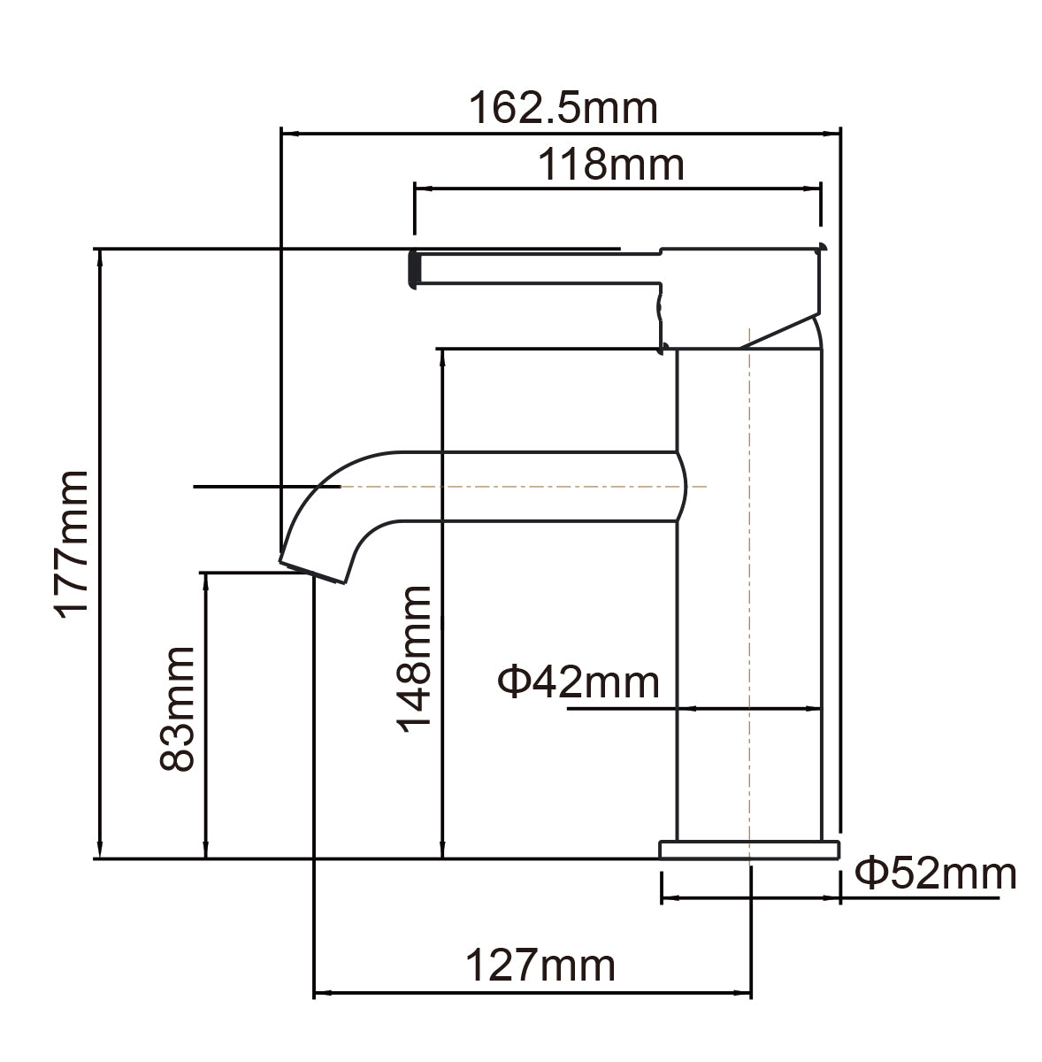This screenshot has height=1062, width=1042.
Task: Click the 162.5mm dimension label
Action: tap(563, 109)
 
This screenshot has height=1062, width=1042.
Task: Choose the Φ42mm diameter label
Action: tap(578, 682)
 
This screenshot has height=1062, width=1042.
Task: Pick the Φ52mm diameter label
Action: tap(935, 873)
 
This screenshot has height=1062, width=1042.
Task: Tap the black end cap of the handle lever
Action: tap(412, 268)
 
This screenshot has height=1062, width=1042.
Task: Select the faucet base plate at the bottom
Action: tap(748, 850)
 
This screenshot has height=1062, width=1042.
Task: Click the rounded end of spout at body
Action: tap(681, 487)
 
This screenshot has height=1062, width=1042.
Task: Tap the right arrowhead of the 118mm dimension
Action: tap(815, 189)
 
